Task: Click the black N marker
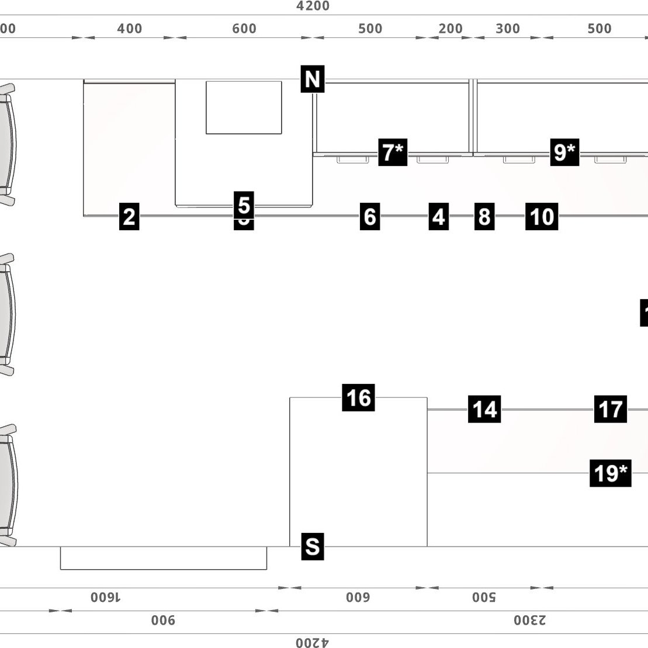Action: pyautogui.click(x=313, y=79)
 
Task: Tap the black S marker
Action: pyautogui.click(x=313, y=547)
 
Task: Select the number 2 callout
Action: pyautogui.click(x=129, y=216)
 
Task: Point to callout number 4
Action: pyautogui.click(x=438, y=216)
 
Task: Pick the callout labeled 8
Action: pyautogui.click(x=484, y=216)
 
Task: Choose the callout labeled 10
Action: pyautogui.click(x=541, y=216)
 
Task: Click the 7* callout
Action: pyautogui.click(x=393, y=153)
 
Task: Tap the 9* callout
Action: pyautogui.click(x=564, y=153)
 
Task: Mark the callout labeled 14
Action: pyautogui.click(x=484, y=409)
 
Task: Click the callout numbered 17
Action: pyautogui.click(x=611, y=408)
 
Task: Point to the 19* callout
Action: pyautogui.click(x=611, y=473)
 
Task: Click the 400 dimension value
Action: pyautogui.click(x=129, y=28)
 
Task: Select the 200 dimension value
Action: pyautogui.click(x=451, y=28)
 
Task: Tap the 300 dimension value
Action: pyautogui.click(x=507, y=28)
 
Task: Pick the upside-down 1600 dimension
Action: pyautogui.click(x=106, y=597)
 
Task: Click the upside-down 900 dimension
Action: pyautogui.click(x=164, y=620)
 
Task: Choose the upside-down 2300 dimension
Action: pyautogui.click(x=530, y=620)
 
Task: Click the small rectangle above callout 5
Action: pyautogui.click(x=244, y=108)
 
